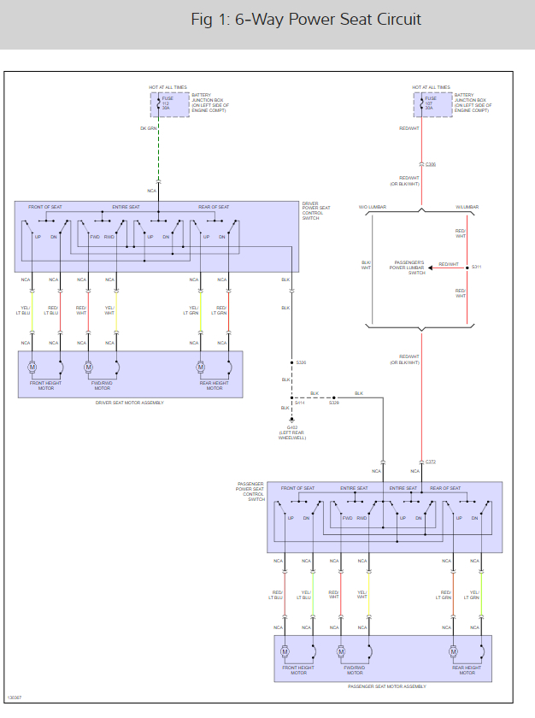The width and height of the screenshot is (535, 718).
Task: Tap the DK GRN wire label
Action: pyautogui.click(x=148, y=128)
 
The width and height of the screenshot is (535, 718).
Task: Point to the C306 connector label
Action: pyautogui.click(x=431, y=163)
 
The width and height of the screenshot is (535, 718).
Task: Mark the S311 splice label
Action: pyautogui.click(x=477, y=268)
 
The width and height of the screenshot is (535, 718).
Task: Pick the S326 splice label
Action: pyautogui.click(x=301, y=362)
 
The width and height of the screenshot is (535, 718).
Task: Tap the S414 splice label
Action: pyautogui.click(x=299, y=403)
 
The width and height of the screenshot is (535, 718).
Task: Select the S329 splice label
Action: pyautogui.click(x=334, y=403)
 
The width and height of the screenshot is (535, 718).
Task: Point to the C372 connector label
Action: pyautogui.click(x=431, y=462)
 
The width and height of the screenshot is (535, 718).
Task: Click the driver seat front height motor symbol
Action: pyautogui.click(x=32, y=368)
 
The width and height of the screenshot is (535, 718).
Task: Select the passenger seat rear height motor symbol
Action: pyautogui.click(x=455, y=652)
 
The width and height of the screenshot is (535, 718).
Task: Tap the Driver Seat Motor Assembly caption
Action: pyautogui.click(x=130, y=402)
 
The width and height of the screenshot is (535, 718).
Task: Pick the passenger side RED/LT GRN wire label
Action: pyautogui.click(x=445, y=595)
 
